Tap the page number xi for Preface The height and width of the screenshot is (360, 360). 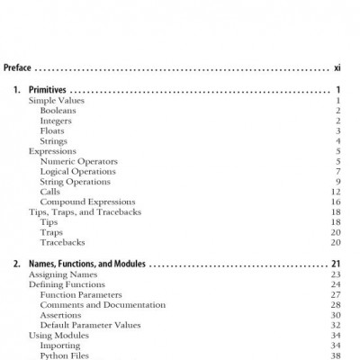click(337, 67)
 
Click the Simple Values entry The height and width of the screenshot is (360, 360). click(55, 101)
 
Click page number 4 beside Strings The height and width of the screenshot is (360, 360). click(337, 141)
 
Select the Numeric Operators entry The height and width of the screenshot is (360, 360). click(79, 161)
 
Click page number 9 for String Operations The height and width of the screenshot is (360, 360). click(337, 182)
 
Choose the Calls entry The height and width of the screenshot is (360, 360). click(51, 192)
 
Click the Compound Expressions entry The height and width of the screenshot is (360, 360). click(87, 202)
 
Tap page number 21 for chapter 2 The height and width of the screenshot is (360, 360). click(335, 265)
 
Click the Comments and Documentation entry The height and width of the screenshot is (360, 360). click(98, 304)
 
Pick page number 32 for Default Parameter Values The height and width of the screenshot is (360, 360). click(335, 325)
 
